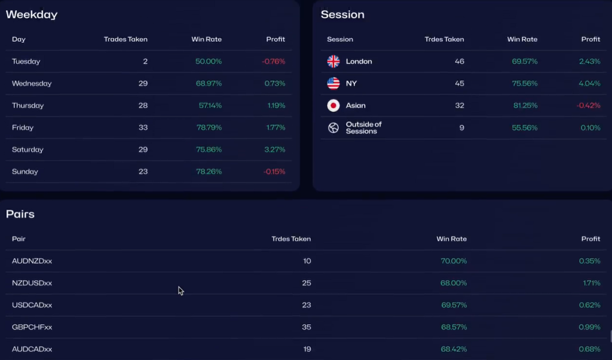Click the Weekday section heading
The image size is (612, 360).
coord(32,15)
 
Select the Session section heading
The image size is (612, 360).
coord(342,14)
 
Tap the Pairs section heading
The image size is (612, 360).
coord(20,214)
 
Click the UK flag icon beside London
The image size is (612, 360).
coord(333,62)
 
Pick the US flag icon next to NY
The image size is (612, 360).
coord(333,84)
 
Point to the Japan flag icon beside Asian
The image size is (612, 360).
coord(333,106)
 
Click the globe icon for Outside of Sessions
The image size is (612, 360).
coord(333,128)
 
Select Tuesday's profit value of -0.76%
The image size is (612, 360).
coord(274,62)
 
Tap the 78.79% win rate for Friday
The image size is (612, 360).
coord(209,128)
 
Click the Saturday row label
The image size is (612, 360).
coord(27,150)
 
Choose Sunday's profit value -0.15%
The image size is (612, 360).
coord(274,172)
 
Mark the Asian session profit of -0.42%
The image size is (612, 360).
coord(588,106)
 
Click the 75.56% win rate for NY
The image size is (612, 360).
coord(524,84)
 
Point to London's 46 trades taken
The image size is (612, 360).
coord(459,62)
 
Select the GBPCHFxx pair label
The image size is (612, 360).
coord(32,328)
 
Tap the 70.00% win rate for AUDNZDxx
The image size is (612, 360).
coord(454,261)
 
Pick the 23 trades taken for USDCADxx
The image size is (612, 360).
coord(307,306)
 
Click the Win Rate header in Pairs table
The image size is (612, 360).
coord(451,239)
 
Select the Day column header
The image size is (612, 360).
coord(19,39)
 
